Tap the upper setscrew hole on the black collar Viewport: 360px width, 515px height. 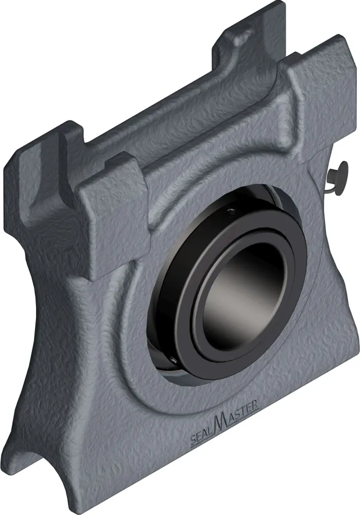click(231, 213)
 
